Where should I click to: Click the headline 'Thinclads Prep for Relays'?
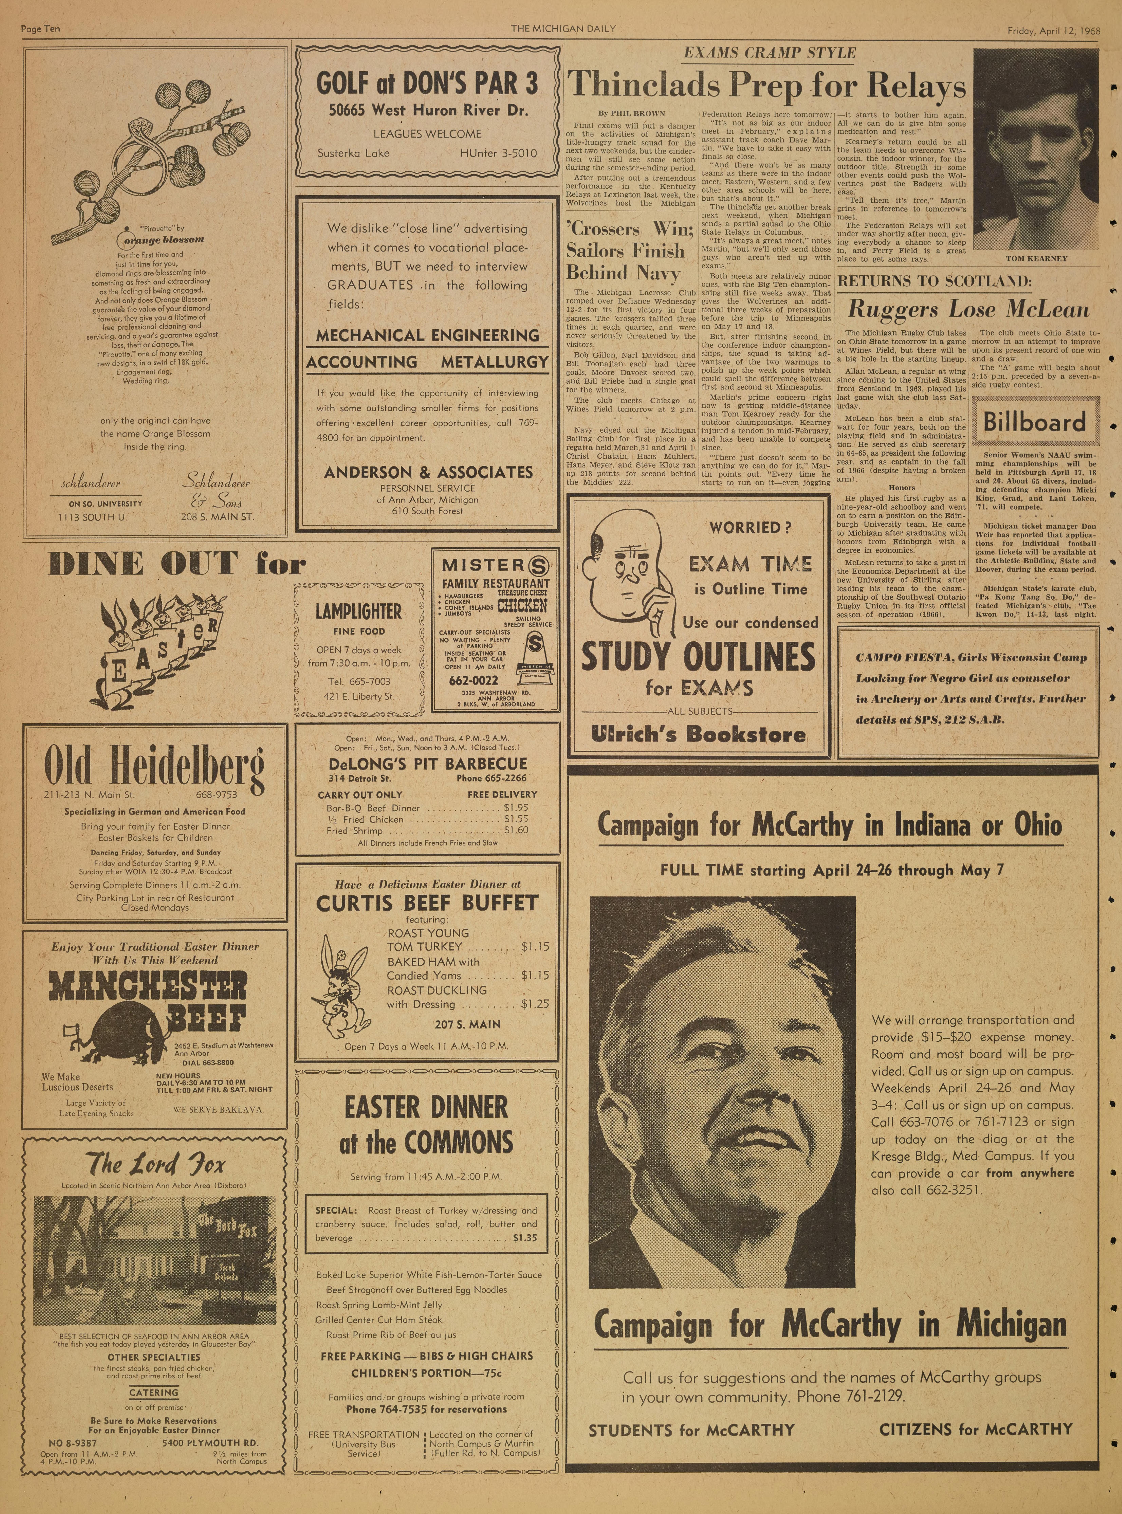[766, 86]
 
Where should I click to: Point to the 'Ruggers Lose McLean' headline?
[969, 310]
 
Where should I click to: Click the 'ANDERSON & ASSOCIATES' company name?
[428, 472]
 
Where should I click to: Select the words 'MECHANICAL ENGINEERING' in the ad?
[428, 335]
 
